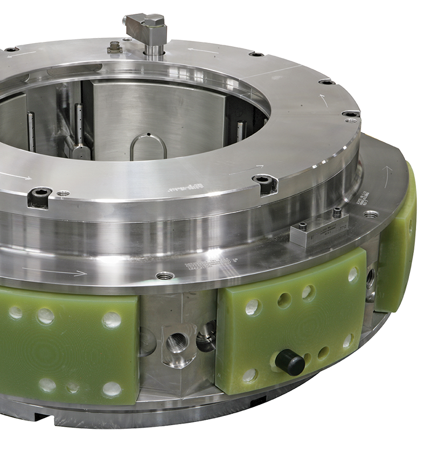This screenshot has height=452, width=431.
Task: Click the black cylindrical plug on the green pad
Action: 290,361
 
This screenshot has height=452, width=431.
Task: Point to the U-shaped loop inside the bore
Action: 148,147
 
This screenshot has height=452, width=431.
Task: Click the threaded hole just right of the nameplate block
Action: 369,214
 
